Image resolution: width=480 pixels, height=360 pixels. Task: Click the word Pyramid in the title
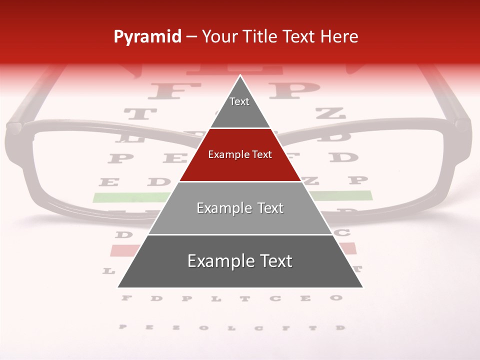click(147, 37)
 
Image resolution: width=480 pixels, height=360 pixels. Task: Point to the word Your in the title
click(219, 37)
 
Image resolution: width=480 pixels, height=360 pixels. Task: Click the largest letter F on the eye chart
click(167, 90)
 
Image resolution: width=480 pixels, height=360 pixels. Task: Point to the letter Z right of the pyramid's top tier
click(330, 113)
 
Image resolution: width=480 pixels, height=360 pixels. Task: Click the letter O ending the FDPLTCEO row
click(336, 298)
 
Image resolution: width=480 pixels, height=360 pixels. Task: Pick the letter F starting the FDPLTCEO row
click(126, 298)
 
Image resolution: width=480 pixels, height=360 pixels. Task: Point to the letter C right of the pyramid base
click(344, 232)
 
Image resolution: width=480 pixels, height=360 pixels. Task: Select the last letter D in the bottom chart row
click(340, 328)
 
